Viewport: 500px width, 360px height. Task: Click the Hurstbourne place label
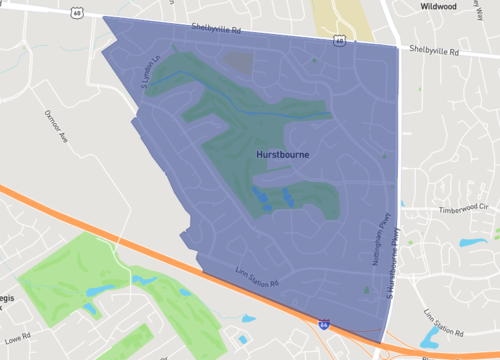click(x=282, y=156)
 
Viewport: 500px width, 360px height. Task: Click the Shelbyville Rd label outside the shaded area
click(x=434, y=48)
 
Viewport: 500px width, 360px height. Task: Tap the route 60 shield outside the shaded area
click(x=76, y=13)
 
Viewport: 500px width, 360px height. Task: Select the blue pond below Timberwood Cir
click(x=468, y=243)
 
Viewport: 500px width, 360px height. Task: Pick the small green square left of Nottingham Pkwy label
click(x=366, y=290)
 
